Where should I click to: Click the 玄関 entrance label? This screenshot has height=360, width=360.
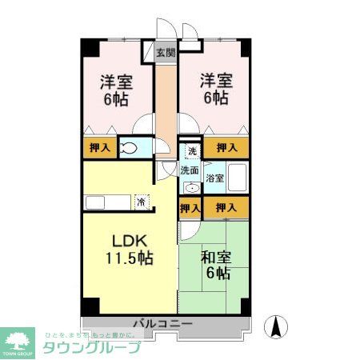point(165,53)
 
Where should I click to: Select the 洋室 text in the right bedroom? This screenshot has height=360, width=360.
point(214,80)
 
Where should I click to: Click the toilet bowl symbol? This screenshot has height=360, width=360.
point(129,148)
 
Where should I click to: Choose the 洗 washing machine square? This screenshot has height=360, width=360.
point(191,150)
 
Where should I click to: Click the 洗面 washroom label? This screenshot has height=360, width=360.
point(189,170)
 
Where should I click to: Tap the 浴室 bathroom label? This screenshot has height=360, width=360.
point(214,178)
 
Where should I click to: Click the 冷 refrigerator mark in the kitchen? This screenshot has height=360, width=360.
point(141,202)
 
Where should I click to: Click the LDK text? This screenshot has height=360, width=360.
point(126,240)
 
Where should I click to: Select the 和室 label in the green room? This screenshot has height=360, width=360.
point(216,257)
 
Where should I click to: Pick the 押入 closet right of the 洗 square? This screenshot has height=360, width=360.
point(226,147)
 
